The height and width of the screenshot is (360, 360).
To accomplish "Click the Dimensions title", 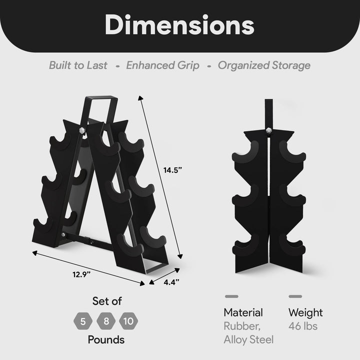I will (x=179, y=25).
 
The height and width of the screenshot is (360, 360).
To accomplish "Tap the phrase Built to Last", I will (x=78, y=65).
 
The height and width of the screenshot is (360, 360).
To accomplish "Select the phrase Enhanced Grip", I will (x=162, y=65).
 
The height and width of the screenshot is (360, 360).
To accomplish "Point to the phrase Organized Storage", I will (x=264, y=65).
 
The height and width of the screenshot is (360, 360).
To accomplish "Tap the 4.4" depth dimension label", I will (x=171, y=282).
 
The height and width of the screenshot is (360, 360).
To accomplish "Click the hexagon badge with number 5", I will (x=83, y=320).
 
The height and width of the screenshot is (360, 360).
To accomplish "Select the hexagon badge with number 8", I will (x=106, y=320).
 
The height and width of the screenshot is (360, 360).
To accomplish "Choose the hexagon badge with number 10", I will (x=129, y=320).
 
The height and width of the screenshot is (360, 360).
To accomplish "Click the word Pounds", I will (x=106, y=340).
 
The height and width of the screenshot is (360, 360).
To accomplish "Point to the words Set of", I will (x=107, y=301).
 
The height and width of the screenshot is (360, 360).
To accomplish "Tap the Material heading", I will (x=243, y=313).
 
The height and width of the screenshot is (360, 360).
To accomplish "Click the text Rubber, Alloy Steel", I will (x=248, y=333).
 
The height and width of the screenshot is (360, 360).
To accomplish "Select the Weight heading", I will (x=305, y=313).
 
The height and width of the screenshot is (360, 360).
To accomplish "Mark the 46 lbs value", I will (x=303, y=326).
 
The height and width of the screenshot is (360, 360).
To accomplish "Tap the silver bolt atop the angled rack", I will (x=82, y=130).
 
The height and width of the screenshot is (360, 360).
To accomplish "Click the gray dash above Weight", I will (x=295, y=296).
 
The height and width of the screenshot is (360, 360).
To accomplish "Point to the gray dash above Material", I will (x=231, y=296).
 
